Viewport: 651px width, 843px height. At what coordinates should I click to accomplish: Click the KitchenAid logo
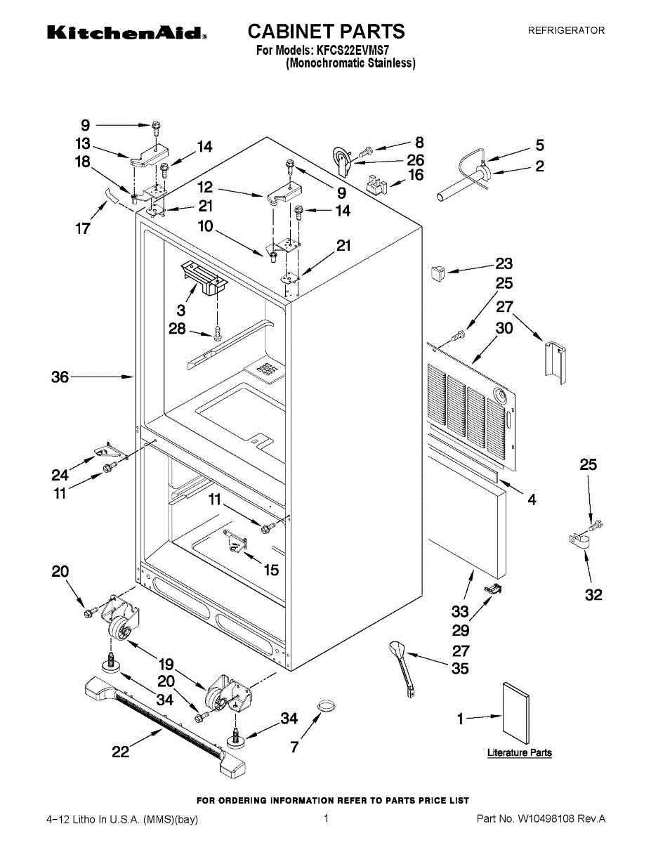[x=126, y=33]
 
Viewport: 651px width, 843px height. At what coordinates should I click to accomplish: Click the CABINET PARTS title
[x=326, y=31]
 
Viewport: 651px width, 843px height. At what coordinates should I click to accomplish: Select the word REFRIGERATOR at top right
[x=566, y=30]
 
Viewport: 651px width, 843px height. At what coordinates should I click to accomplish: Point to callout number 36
[x=60, y=377]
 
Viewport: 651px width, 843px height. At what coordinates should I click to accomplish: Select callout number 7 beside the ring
[x=294, y=747]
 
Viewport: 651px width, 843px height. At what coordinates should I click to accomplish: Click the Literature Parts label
[x=520, y=752]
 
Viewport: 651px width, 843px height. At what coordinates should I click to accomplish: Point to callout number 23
[x=504, y=264]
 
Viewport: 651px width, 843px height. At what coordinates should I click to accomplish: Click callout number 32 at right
[x=593, y=595]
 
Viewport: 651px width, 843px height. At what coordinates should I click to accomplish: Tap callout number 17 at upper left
[x=83, y=228]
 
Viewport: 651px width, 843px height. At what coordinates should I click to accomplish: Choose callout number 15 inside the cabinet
[x=271, y=570]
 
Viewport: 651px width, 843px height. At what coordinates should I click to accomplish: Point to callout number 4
[x=532, y=499]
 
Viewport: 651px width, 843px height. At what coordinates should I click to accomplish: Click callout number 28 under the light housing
[x=177, y=328]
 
